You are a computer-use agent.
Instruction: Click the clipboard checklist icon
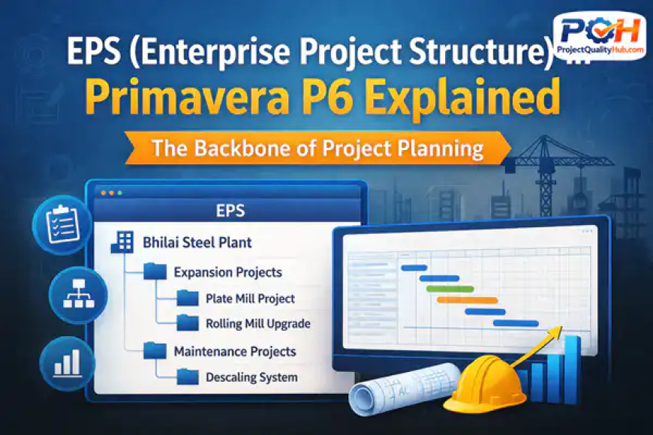click(x=62, y=224)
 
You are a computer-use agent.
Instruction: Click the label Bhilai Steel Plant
click(x=197, y=243)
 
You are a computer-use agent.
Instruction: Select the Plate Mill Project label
click(x=249, y=298)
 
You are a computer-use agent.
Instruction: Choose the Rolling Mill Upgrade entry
click(x=257, y=324)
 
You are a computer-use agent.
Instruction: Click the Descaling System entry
click(x=251, y=377)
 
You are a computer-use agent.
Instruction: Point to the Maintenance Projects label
click(x=234, y=351)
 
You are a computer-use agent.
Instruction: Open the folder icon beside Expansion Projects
click(x=155, y=271)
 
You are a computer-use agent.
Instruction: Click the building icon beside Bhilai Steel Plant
click(x=121, y=241)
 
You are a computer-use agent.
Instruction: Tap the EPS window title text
click(x=230, y=211)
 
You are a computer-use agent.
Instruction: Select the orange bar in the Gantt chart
click(x=467, y=300)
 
